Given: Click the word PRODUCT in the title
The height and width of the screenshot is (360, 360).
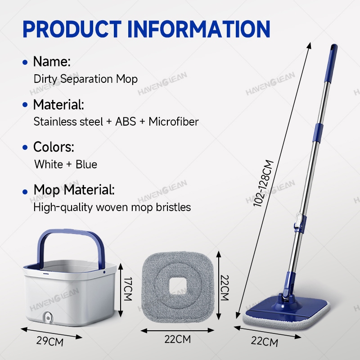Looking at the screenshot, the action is [72, 29].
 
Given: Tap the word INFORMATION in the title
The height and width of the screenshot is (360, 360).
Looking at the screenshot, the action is [198, 29].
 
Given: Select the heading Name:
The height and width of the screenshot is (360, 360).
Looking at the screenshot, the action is [52, 62].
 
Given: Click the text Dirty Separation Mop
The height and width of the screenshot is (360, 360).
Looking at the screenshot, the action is [85, 79].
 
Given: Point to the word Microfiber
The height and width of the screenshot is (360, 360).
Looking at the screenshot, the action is [174, 121].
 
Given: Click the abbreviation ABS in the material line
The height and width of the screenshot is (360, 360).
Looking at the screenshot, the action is [126, 121].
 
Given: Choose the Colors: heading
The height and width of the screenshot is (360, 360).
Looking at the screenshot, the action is [54, 147].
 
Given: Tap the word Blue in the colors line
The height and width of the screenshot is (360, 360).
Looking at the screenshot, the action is [86, 164].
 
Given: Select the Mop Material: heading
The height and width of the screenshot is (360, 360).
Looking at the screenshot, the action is [74, 190].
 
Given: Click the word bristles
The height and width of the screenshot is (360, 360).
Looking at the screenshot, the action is [173, 207].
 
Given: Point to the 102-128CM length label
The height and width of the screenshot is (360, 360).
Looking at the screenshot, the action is [263, 183].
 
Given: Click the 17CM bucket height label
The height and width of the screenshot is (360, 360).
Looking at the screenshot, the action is [128, 289].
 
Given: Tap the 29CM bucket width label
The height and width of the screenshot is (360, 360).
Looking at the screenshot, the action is [50, 341].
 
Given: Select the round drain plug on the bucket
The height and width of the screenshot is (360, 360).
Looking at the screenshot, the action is [48, 317].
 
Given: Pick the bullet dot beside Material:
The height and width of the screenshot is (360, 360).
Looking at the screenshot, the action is [25, 105].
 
